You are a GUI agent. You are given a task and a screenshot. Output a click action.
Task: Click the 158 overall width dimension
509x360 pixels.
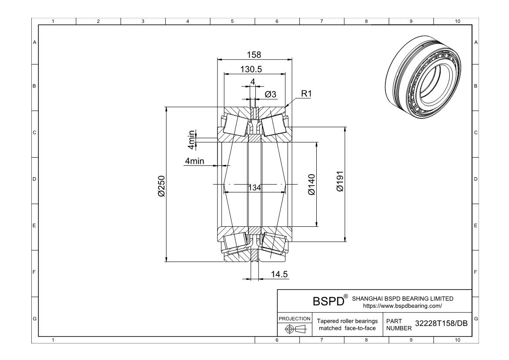click(x=254, y=55)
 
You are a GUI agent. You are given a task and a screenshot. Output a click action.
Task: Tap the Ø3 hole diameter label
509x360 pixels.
click(x=271, y=94)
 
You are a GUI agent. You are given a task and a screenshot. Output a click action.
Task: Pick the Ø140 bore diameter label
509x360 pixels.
click(x=311, y=185)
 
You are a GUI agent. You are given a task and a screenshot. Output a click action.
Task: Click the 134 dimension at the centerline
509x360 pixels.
click(x=254, y=188)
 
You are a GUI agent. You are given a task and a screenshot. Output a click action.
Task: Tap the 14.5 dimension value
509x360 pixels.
click(x=279, y=274)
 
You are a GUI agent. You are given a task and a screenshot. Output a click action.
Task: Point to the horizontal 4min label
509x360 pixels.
click(x=194, y=161)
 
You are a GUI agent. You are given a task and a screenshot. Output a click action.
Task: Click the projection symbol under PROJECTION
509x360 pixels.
click(x=295, y=329)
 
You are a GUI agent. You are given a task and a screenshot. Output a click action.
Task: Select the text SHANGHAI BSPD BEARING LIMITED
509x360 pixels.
click(x=402, y=299)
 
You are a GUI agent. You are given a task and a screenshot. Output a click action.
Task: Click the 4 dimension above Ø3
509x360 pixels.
click(x=252, y=81)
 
